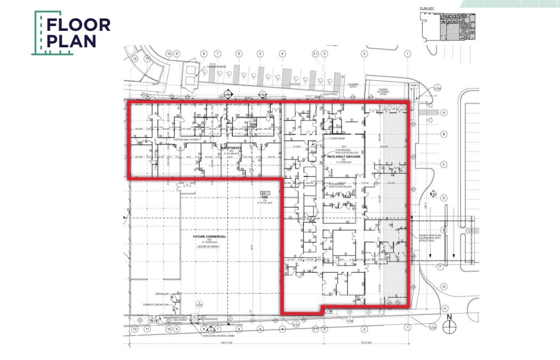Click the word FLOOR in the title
tap(79, 25)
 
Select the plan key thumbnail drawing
tap(447, 26)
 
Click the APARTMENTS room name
tap(232, 148)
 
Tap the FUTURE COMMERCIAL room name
tap(210, 236)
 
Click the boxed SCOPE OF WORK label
tap(209, 247)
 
